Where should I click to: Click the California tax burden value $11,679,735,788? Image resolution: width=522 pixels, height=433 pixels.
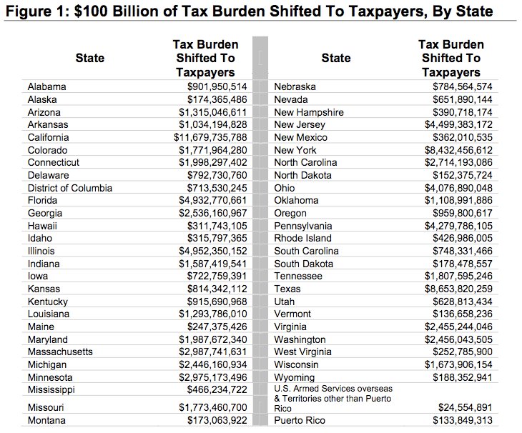tap(210, 137)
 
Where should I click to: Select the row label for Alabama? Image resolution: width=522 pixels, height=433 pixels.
tap(47, 86)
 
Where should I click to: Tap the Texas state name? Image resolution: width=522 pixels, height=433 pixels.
tap(287, 289)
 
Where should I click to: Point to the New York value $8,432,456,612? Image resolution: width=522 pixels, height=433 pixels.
tap(458, 150)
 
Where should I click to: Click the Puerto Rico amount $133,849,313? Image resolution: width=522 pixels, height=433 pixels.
tap(463, 420)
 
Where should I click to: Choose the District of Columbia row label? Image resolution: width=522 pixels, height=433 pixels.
tap(70, 188)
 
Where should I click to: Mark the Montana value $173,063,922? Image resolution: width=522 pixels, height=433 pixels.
tap(217, 420)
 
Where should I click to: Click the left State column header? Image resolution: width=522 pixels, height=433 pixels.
tap(90, 58)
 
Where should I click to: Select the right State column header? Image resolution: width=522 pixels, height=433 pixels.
tap(336, 58)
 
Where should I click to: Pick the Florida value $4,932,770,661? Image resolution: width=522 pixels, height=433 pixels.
tap(213, 200)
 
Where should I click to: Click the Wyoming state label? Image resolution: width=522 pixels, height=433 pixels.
tap(295, 377)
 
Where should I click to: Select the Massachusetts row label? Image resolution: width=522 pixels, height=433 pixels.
tap(60, 352)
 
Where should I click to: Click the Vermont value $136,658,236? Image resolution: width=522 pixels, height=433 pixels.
tap(463, 314)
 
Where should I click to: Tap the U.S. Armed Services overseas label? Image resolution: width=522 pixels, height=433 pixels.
tap(333, 389)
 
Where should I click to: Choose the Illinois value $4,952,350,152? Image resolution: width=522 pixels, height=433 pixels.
tap(213, 251)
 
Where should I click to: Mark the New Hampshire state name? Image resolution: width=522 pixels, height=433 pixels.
tap(309, 112)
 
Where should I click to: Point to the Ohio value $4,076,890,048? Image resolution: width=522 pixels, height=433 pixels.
tap(458, 188)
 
